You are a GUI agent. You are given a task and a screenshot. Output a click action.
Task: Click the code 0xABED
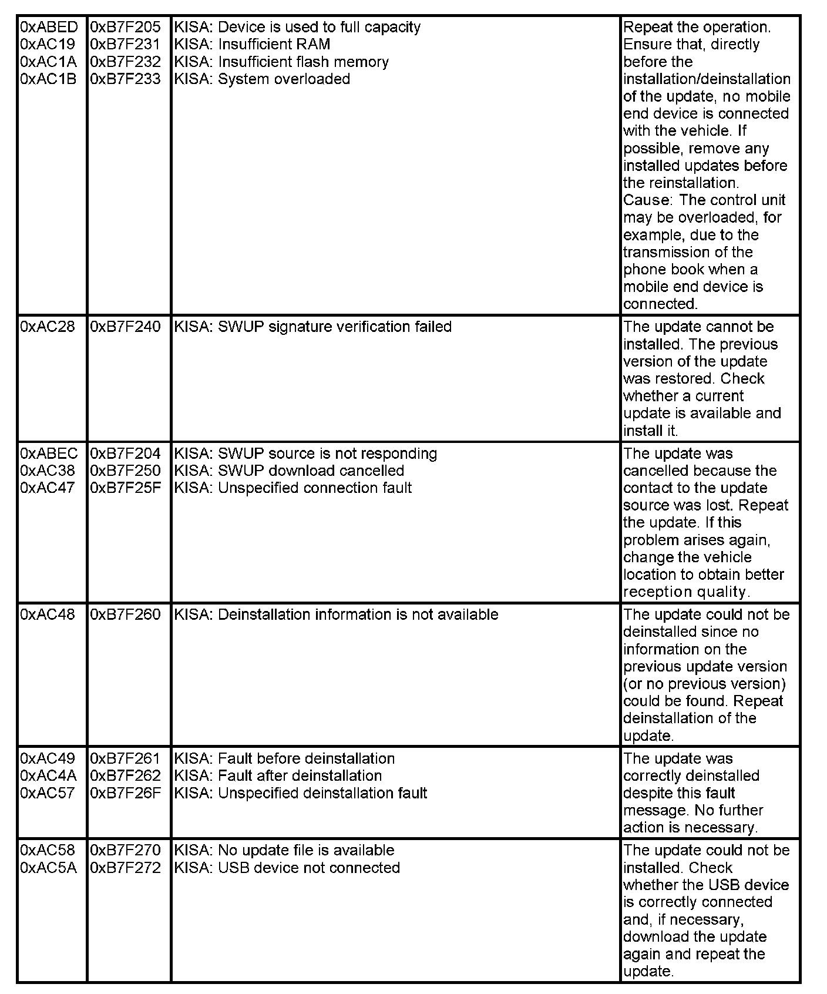tap(49, 27)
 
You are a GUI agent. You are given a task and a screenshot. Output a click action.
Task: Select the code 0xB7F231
tap(125, 45)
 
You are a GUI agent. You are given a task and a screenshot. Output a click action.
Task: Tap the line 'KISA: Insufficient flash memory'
tap(281, 62)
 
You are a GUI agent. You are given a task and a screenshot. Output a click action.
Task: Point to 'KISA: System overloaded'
tap(262, 79)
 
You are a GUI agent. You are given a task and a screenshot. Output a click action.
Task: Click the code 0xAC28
tap(48, 327)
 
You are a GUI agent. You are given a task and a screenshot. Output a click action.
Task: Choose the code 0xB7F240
tap(125, 327)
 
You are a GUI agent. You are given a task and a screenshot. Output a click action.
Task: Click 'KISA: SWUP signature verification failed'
tap(313, 327)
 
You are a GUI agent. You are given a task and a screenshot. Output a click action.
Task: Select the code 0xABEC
tap(49, 454)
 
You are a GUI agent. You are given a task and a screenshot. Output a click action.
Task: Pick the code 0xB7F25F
tap(125, 488)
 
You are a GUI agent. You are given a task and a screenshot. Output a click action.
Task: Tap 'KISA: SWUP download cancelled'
tap(289, 471)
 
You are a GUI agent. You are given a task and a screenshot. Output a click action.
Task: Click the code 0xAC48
tap(48, 614)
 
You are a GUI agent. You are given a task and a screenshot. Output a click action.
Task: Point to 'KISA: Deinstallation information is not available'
tap(336, 614)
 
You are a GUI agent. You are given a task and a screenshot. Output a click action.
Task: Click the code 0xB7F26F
tap(125, 793)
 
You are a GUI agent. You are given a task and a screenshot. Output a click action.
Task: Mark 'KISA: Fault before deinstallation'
tap(284, 758)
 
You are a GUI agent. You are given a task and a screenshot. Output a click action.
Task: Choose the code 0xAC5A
tap(48, 868)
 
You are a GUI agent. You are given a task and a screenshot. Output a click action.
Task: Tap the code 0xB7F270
tap(125, 850)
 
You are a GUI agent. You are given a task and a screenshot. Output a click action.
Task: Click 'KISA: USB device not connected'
tap(287, 868)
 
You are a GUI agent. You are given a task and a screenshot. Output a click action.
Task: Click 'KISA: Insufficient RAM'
tap(253, 45)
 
